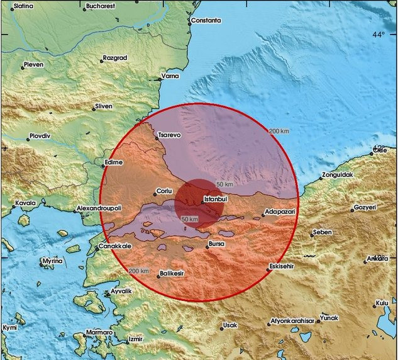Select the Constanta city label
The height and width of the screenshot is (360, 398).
(x=207, y=20)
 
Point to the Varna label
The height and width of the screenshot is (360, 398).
(x=171, y=76)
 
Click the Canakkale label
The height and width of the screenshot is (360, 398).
(x=113, y=247)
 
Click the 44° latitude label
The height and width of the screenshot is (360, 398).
(x=378, y=35)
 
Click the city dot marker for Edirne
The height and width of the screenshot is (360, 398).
(x=104, y=166)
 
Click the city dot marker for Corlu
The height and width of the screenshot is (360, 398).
(x=155, y=185)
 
